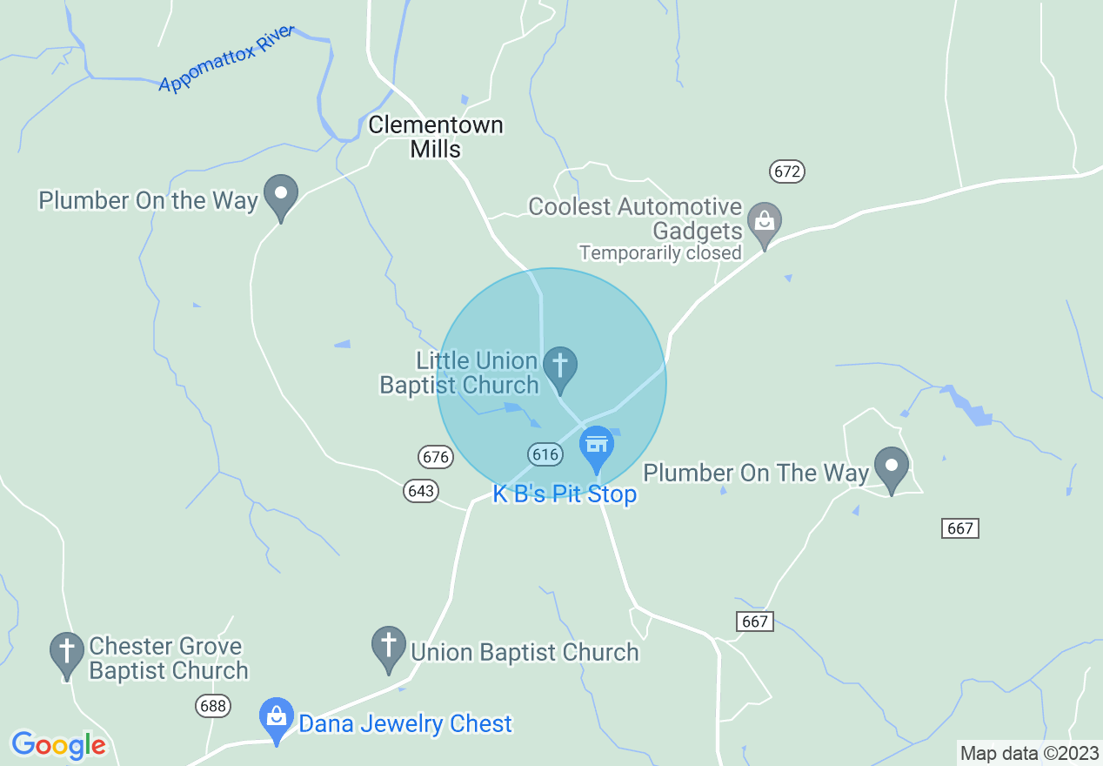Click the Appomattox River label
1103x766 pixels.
click(x=227, y=58)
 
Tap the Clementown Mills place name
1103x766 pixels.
click(x=436, y=137)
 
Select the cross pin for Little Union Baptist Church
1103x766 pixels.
click(x=559, y=367)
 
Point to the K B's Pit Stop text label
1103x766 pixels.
click(x=565, y=494)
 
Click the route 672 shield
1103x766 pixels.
click(x=786, y=171)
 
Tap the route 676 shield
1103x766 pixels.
click(x=435, y=456)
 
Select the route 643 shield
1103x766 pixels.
click(x=421, y=491)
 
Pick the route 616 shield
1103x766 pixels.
click(x=544, y=454)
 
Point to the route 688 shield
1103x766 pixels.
click(x=213, y=705)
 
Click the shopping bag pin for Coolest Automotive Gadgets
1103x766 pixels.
click(x=765, y=224)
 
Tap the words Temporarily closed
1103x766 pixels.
click(x=660, y=253)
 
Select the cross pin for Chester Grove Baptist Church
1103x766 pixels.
click(x=67, y=654)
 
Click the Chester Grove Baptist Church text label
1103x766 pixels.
click(x=168, y=659)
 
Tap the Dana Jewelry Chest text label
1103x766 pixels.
click(x=404, y=723)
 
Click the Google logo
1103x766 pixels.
click(x=58, y=745)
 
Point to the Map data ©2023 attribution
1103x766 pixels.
click(x=1029, y=753)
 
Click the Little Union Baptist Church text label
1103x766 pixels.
click(x=459, y=373)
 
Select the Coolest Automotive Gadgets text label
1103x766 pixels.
click(x=636, y=218)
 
